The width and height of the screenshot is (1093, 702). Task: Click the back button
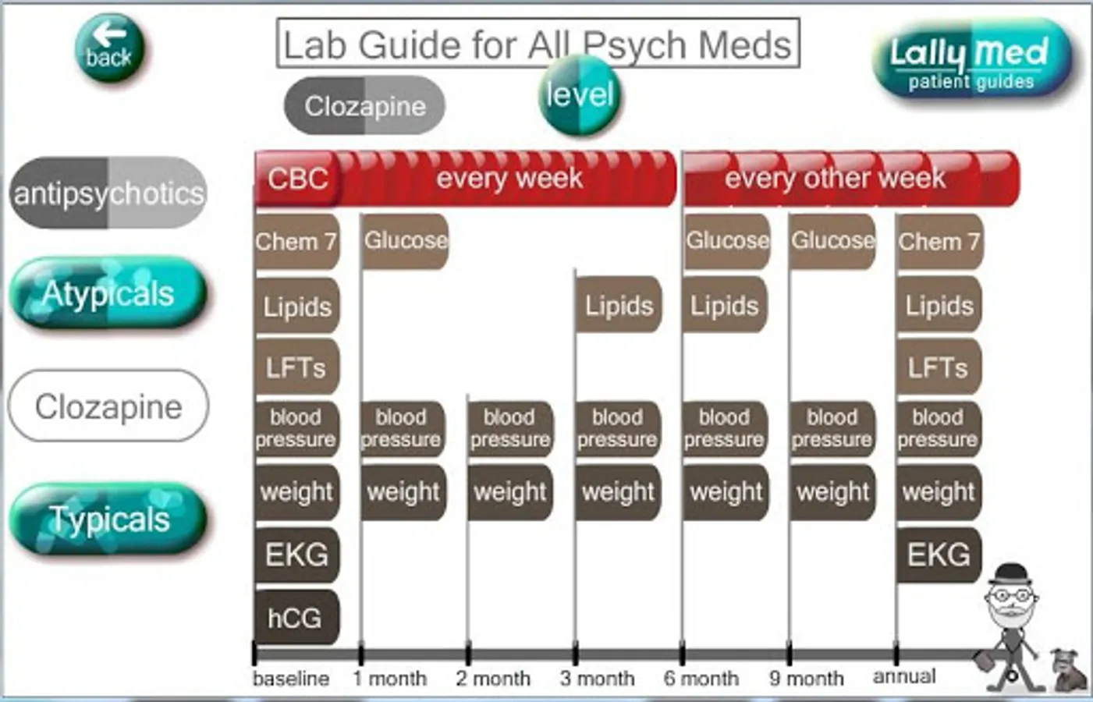[110, 48]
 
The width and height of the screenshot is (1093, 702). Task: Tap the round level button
[580, 94]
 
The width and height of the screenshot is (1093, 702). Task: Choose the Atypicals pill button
[108, 292]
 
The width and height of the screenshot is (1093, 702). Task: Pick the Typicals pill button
[108, 518]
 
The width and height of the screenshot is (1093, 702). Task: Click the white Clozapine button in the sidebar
[108, 406]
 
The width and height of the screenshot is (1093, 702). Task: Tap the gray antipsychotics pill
[108, 193]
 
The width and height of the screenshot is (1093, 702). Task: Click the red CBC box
[297, 179]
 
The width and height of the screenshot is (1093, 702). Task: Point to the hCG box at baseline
[296, 618]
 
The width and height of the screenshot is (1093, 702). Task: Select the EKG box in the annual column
[939, 555]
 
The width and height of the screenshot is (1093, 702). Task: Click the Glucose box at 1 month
[404, 241]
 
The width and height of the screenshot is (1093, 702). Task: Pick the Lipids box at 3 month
[618, 305]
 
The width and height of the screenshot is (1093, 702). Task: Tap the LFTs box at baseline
[296, 367]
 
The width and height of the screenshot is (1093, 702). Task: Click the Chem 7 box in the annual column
[939, 242]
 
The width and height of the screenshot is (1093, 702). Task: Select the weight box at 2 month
[510, 492]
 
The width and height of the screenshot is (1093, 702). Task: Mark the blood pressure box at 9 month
[832, 429]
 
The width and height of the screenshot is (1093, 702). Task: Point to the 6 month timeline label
[701, 678]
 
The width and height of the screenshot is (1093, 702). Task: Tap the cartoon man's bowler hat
[1012, 575]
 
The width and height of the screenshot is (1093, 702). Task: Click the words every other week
[835, 178]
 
